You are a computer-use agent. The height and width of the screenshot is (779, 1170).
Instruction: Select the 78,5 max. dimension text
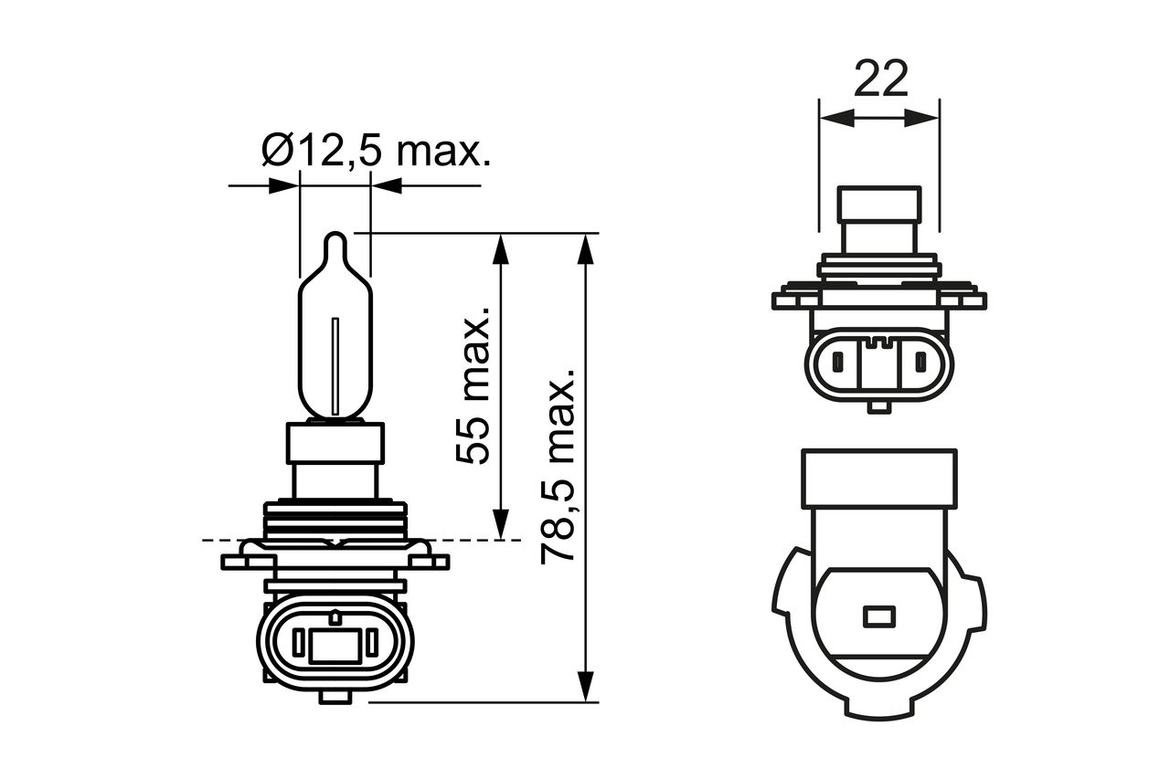click(x=558, y=466)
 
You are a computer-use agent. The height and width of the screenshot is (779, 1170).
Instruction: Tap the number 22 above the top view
click(x=880, y=79)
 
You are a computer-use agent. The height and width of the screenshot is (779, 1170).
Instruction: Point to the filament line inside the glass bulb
click(x=335, y=365)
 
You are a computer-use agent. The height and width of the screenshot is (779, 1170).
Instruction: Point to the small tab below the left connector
click(x=335, y=697)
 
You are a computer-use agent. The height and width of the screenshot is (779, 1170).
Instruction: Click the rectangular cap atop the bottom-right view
click(x=878, y=478)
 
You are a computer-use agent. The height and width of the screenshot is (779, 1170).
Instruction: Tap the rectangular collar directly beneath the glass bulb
click(x=335, y=443)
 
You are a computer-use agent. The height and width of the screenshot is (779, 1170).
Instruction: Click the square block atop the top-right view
click(x=879, y=219)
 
